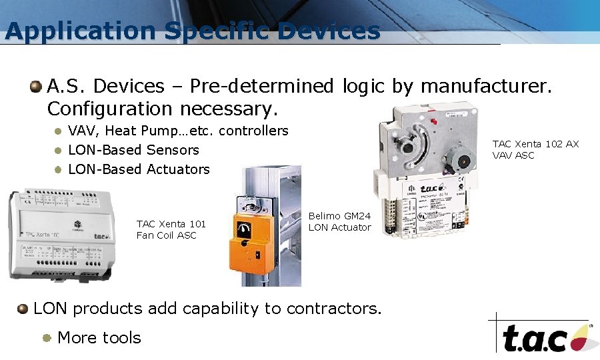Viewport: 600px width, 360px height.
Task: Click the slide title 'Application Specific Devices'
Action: pyautogui.click(x=192, y=31)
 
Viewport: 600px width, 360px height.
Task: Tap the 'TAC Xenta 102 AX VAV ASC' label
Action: pyautogui.click(x=535, y=149)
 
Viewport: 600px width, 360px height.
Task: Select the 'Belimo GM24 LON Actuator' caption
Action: pyautogui.click(x=339, y=222)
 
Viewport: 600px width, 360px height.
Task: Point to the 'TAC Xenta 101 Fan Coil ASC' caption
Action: pyautogui.click(x=171, y=229)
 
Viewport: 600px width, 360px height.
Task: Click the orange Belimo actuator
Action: pyautogui.click(x=255, y=237)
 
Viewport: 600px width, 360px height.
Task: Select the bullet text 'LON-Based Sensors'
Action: pyautogui.click(x=133, y=150)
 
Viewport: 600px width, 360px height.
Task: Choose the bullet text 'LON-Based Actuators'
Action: pyautogui.click(x=139, y=169)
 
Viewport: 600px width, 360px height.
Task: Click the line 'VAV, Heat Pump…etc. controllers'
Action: pyautogui.click(x=178, y=131)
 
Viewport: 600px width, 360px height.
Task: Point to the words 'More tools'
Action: pyautogui.click(x=99, y=337)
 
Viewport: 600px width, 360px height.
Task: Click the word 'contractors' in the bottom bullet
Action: pyautogui.click(x=333, y=309)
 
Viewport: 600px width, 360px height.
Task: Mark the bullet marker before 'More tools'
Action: pyautogui.click(x=47, y=337)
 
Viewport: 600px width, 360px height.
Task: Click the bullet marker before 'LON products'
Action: pyautogui.click(x=23, y=309)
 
